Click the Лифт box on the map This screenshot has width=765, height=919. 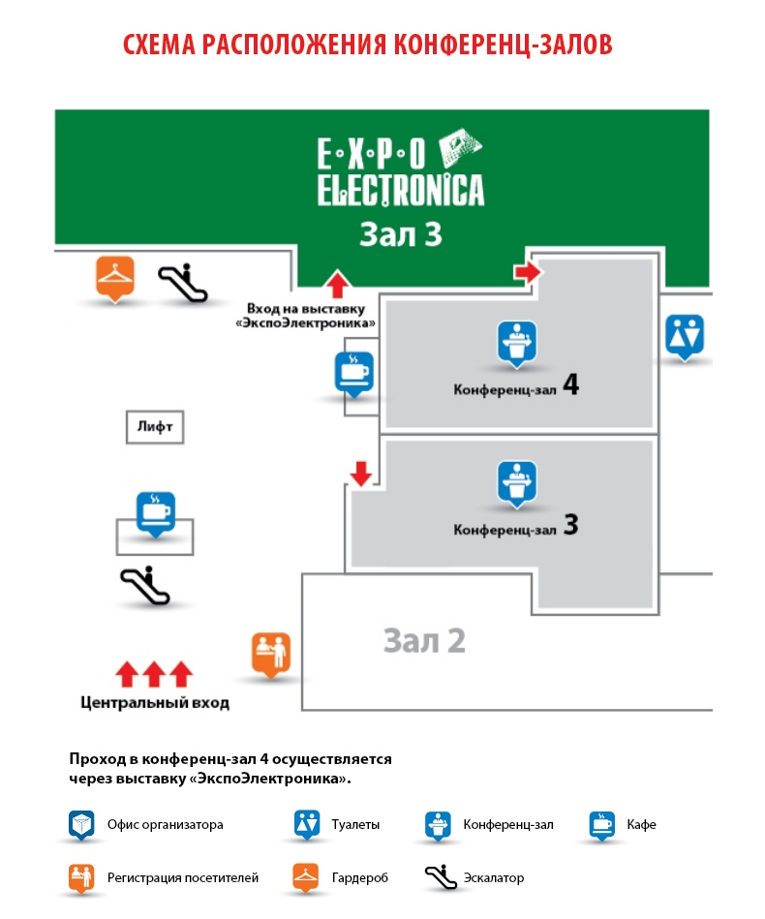[x=155, y=427]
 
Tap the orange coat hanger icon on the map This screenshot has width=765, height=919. [x=115, y=278]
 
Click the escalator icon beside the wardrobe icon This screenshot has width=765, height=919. [x=183, y=283]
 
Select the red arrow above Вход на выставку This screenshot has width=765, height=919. [x=337, y=284]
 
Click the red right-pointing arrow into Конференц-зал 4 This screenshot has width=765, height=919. [x=528, y=271]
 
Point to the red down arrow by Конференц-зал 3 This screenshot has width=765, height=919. [x=361, y=474]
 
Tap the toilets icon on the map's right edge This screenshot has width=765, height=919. [x=684, y=336]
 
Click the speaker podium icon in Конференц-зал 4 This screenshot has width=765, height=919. [x=516, y=344]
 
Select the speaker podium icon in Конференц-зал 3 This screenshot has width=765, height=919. [x=516, y=483]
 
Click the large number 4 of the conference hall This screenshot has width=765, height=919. [x=570, y=384]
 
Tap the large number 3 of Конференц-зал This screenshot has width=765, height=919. [x=571, y=525]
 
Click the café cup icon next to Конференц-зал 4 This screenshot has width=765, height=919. [x=354, y=374]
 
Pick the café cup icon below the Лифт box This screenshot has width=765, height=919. [x=155, y=514]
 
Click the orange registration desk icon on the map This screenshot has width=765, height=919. [x=271, y=654]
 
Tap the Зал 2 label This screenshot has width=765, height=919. [x=424, y=641]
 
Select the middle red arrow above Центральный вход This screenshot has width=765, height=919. [x=154, y=674]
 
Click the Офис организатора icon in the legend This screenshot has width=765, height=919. [x=81, y=825]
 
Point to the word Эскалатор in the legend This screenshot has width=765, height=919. [x=494, y=878]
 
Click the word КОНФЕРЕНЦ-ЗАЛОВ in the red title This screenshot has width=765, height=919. [x=503, y=46]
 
